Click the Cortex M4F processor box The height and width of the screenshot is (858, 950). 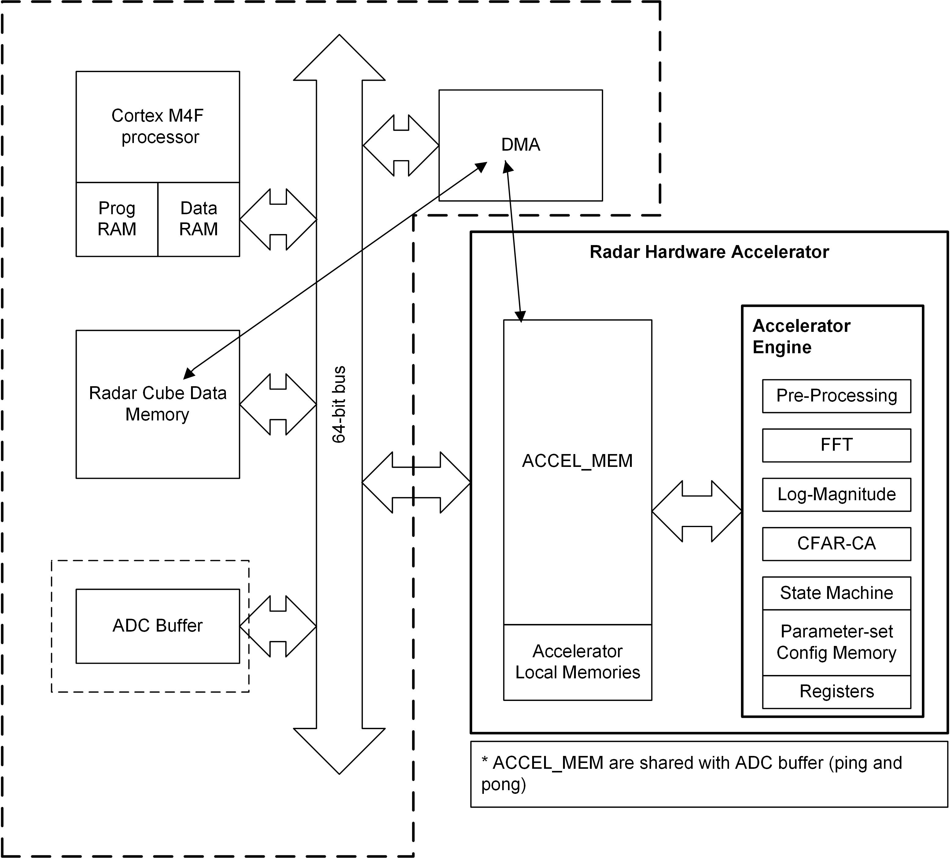click(157, 126)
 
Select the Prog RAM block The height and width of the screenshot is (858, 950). click(117, 219)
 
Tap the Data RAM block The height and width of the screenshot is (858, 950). click(198, 219)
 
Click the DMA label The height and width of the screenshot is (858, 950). click(520, 145)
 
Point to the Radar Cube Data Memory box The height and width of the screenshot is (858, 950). click(157, 404)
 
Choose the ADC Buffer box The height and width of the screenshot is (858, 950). click(157, 626)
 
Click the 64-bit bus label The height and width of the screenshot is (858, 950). click(339, 404)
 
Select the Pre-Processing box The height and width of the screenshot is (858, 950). click(836, 396)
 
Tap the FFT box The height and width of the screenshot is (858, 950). click(836, 445)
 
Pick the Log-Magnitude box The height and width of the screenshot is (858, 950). click(836, 494)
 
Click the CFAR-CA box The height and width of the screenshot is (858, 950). click(836, 544)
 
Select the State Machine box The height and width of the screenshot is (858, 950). click(836, 593)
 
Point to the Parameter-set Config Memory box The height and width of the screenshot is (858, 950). click(836, 642)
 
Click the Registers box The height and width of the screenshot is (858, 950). click(836, 691)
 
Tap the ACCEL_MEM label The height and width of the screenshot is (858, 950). click(577, 461)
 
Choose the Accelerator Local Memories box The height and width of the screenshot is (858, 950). click(577, 662)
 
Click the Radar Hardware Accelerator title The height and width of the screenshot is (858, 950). click(709, 252)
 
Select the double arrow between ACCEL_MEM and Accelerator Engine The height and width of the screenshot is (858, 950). click(697, 511)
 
